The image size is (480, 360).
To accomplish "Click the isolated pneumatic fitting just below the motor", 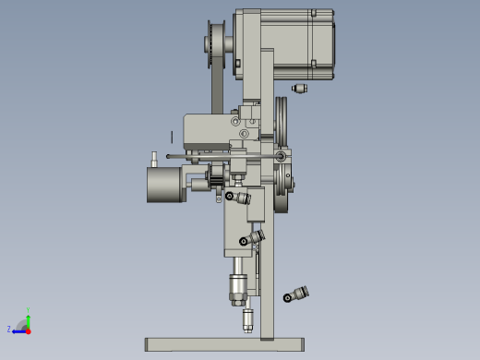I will click(298, 89).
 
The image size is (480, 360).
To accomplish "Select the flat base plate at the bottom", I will click(224, 344).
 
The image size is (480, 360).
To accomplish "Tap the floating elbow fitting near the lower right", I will click(296, 294).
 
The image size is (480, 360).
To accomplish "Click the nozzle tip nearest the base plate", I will click(247, 321).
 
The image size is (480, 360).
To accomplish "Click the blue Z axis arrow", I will click(18, 330).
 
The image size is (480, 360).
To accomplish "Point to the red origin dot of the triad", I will click(29, 330).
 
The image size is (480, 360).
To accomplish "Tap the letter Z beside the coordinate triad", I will click(9, 329).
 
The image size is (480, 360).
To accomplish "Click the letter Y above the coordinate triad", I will click(29, 310).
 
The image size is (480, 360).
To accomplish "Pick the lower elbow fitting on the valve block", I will click(251, 239).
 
